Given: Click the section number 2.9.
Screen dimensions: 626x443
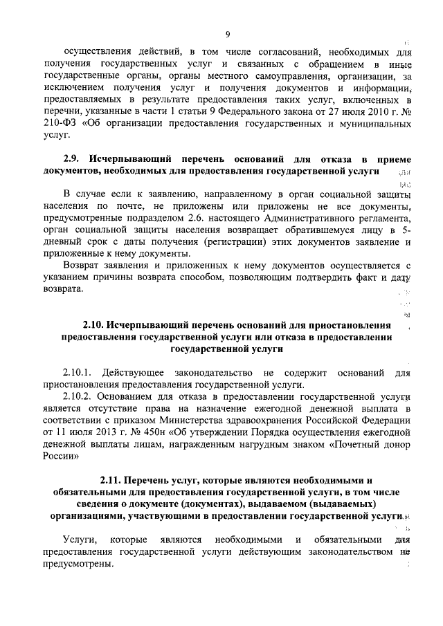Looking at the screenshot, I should pos(73,158).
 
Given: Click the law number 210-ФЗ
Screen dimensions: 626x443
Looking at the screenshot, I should pos(58,125).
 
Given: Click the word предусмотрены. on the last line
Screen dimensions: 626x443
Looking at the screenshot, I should pos(78,565).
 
